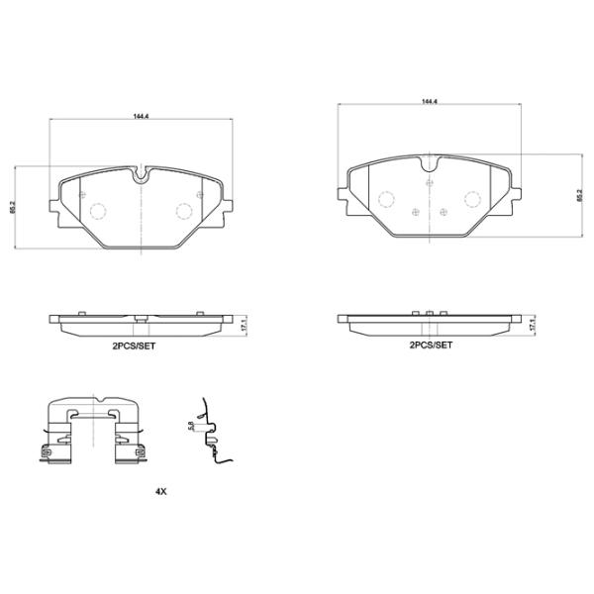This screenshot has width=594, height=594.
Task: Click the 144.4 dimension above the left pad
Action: click(142, 116)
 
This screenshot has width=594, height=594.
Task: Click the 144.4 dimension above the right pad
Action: click(429, 101)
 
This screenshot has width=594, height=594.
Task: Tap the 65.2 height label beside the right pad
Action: click(578, 196)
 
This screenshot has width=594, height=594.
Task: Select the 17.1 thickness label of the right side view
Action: click(533, 325)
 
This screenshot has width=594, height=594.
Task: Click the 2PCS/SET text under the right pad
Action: click(431, 346)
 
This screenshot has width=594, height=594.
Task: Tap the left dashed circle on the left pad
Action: click(99, 210)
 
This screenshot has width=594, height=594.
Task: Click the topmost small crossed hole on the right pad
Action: click(429, 183)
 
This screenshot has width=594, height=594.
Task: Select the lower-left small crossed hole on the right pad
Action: click(414, 211)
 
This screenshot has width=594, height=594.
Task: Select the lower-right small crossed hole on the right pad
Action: click(443, 211)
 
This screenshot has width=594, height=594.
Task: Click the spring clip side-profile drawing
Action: click(211, 434)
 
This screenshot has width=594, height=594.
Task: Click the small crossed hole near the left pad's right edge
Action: click(202, 195)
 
